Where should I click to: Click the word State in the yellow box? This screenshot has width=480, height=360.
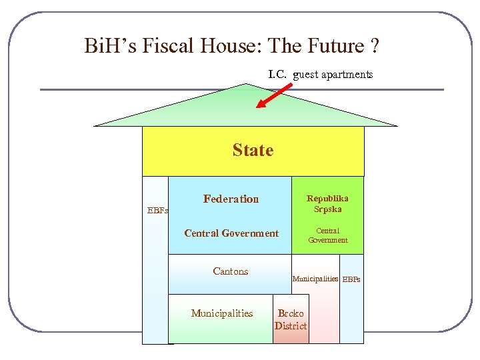pyautogui.click(x=253, y=151)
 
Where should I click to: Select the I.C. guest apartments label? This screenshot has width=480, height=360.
pyautogui.click(x=320, y=75)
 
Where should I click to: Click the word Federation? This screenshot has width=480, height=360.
pyautogui.click(x=231, y=199)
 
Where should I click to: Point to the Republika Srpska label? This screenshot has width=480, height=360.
pyautogui.click(x=327, y=203)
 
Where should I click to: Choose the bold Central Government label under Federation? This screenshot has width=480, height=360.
pyautogui.click(x=231, y=233)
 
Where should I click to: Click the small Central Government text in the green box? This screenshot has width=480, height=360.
pyautogui.click(x=327, y=235)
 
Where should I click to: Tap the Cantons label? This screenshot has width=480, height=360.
pyautogui.click(x=230, y=271)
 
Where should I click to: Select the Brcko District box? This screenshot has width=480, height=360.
pyautogui.click(x=291, y=319)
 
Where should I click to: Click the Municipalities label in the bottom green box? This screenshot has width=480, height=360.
pyautogui.click(x=222, y=313)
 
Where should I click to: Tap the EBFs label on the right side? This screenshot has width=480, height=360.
pyautogui.click(x=351, y=279)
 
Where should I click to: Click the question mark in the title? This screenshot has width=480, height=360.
pyautogui.click(x=375, y=46)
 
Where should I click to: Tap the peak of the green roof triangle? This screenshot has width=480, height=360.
pyautogui.click(x=246, y=85)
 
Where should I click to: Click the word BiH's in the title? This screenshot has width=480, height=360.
pyautogui.click(x=109, y=46)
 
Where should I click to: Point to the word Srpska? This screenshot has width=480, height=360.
pyautogui.click(x=327, y=209)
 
